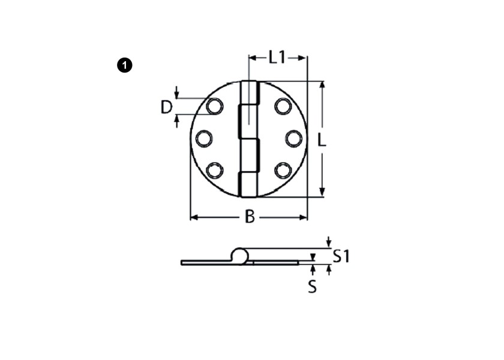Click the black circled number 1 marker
pyautogui.click(x=124, y=65)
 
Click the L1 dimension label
pyautogui.click(x=277, y=58)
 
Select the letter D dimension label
pyautogui.click(x=167, y=107)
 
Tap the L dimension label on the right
pyautogui.click(x=322, y=140)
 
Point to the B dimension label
pyautogui.click(x=250, y=217)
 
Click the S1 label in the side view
pyautogui.click(x=341, y=256)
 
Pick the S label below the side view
pyautogui.click(x=312, y=287)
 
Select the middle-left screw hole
pyautogui.click(x=203, y=139)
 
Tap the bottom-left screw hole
pyautogui.click(x=214, y=170)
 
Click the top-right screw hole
pyautogui.click(x=283, y=107)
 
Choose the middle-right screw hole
pyautogui.click(x=293, y=139)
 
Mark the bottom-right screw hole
pyautogui.click(x=283, y=170)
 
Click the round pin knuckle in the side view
pyautogui.click(x=239, y=256)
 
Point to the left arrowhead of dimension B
pyautogui.click(x=194, y=217)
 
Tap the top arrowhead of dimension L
pyautogui.click(x=322, y=85)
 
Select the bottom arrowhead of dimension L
pyautogui.click(x=322, y=193)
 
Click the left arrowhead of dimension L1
pyautogui.click(x=252, y=58)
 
